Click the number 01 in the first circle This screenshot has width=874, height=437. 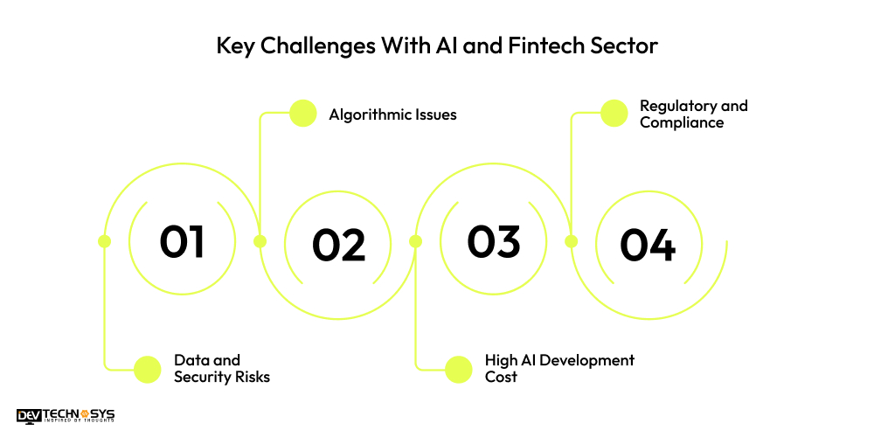[182, 241]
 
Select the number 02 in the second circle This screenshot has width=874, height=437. [338, 245]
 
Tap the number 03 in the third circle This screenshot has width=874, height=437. [493, 241]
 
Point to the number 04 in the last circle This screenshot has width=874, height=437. [648, 245]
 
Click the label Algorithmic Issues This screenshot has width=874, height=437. [392, 114]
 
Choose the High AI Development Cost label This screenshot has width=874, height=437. [559, 368]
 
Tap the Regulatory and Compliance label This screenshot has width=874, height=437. [693, 114]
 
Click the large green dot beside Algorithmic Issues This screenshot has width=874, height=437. [302, 114]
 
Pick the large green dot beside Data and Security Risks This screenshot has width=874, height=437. [148, 369]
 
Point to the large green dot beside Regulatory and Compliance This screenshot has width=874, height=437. [614, 114]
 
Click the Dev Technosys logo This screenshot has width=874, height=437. [66, 415]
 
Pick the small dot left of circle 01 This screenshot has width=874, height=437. [104, 241]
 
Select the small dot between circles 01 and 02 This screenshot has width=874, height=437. [260, 241]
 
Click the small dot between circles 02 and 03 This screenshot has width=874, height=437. [415, 241]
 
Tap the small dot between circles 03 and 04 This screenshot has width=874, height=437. [571, 241]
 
